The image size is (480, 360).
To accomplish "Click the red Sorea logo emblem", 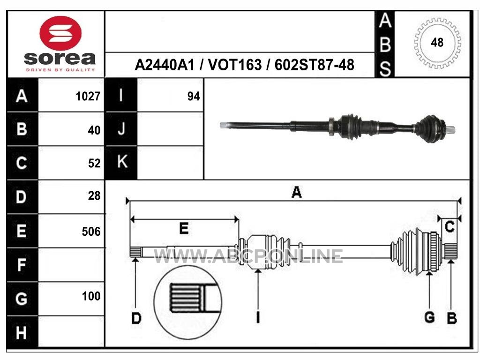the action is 60,33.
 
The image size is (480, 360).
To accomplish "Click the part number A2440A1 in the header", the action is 165,65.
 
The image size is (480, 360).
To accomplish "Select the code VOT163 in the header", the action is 235,65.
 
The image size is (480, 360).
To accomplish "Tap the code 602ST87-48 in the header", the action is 315,65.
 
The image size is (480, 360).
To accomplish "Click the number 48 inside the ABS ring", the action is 437,43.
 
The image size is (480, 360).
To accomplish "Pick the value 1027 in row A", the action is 88,97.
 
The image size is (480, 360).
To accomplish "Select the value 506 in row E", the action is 91,232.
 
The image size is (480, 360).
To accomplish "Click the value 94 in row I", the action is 194,97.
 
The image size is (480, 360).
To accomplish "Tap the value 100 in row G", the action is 91,296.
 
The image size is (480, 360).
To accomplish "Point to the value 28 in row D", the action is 94,195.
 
